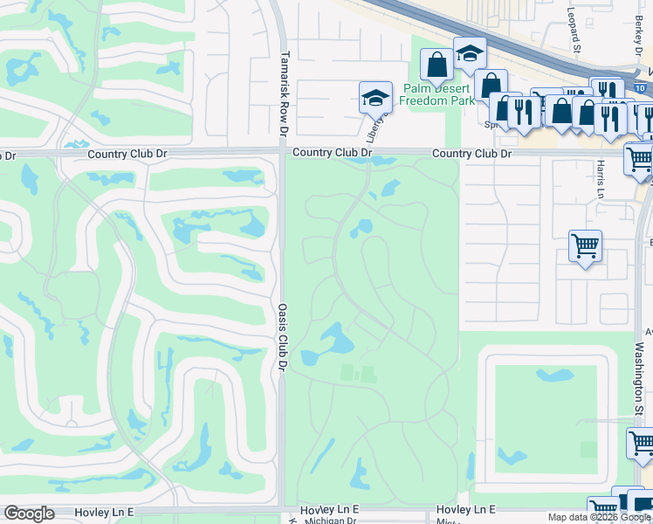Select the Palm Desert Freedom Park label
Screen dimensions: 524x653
(x=436, y=94)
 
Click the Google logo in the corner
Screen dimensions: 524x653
(x=29, y=514)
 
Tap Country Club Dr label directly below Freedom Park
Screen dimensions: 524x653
(x=472, y=154)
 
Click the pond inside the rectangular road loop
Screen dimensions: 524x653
(x=556, y=377)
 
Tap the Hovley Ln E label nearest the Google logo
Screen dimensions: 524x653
(x=106, y=510)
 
